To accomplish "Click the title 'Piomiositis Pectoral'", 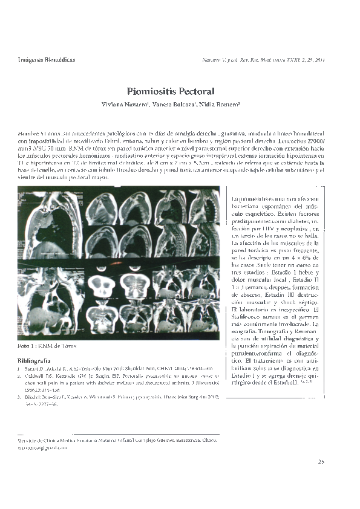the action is [x=171, y=92].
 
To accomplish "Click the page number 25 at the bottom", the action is [x=321, y=462].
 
